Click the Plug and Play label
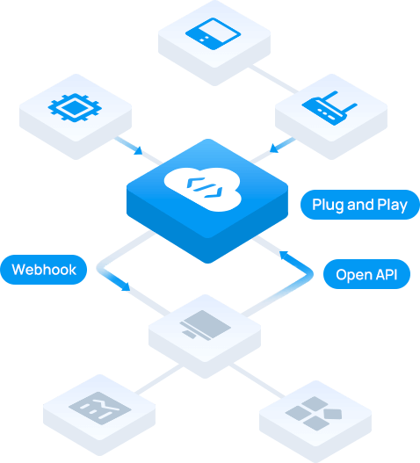[x=360, y=205]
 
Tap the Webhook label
[x=44, y=270]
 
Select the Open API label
[x=366, y=274]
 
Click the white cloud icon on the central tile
[x=203, y=189]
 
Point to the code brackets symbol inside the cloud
[x=204, y=187]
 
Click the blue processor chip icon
[x=75, y=107]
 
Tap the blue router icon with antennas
[x=329, y=108]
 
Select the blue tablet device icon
[x=213, y=33]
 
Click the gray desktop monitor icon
[x=206, y=325]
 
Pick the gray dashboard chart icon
[x=100, y=408]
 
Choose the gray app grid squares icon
[x=314, y=414]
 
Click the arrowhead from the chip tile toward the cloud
[x=138, y=150]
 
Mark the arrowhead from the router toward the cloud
[x=274, y=148]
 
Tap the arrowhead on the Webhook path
[x=126, y=286]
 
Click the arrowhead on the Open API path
[x=284, y=256]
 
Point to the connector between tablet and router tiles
[x=273, y=79]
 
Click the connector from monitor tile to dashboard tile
[x=158, y=380]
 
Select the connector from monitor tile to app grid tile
[x=257, y=380]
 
